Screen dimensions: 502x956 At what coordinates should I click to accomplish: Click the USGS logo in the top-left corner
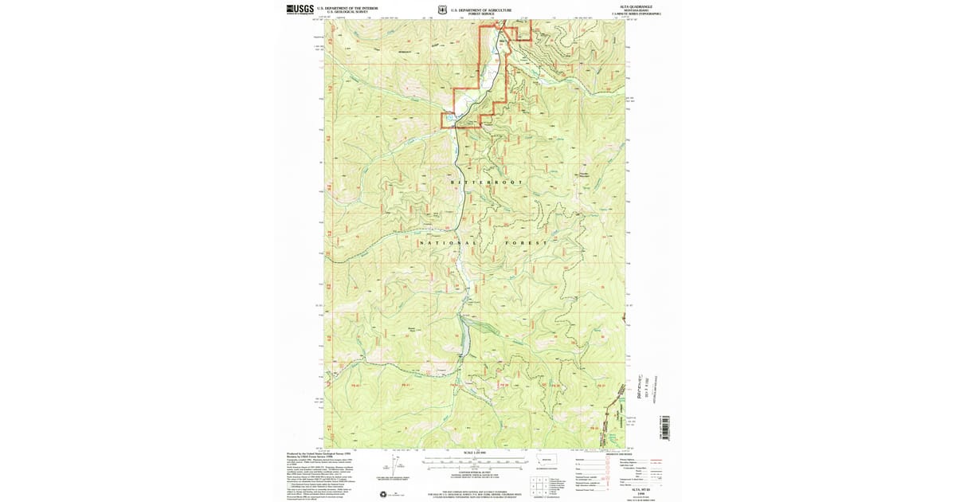pyautogui.click(x=300, y=9)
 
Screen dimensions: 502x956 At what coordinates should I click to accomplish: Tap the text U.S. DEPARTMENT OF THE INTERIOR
pyautogui.click(x=348, y=7)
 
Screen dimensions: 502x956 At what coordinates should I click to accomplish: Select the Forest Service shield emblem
pyautogui.click(x=442, y=11)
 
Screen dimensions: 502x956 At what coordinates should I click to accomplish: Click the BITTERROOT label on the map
pyautogui.click(x=488, y=182)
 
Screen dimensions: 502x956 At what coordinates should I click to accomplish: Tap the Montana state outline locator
pyautogui.click(x=546, y=461)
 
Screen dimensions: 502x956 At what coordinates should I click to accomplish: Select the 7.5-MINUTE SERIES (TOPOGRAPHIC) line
pyautogui.click(x=637, y=14)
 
